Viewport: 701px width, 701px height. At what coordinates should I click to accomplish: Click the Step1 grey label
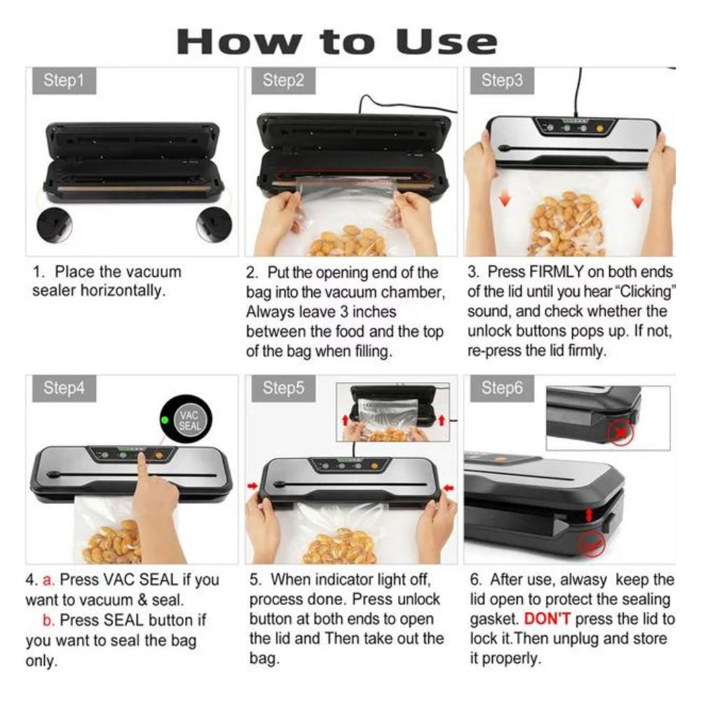point(64,81)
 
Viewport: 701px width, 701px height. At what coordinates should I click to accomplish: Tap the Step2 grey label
point(283,81)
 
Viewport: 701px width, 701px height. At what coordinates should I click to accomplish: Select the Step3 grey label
point(502,81)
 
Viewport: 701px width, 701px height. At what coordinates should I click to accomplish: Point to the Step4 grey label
point(64,388)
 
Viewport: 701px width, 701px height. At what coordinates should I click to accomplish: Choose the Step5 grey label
point(283,388)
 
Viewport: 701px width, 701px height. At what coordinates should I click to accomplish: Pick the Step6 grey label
point(502,388)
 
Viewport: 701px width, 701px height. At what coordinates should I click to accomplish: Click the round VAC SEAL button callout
point(186,419)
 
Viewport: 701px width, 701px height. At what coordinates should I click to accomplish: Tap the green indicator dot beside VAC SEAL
point(165,420)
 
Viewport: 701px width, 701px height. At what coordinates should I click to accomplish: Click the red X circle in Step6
point(620,433)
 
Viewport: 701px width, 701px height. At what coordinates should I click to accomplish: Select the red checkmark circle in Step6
point(592,544)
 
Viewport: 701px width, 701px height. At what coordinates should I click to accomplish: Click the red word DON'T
point(547,619)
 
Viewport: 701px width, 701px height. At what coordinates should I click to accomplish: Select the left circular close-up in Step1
point(55,224)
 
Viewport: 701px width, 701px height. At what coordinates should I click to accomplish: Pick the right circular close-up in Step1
point(214,224)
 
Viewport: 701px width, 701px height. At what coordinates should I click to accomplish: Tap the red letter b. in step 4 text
point(48,620)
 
